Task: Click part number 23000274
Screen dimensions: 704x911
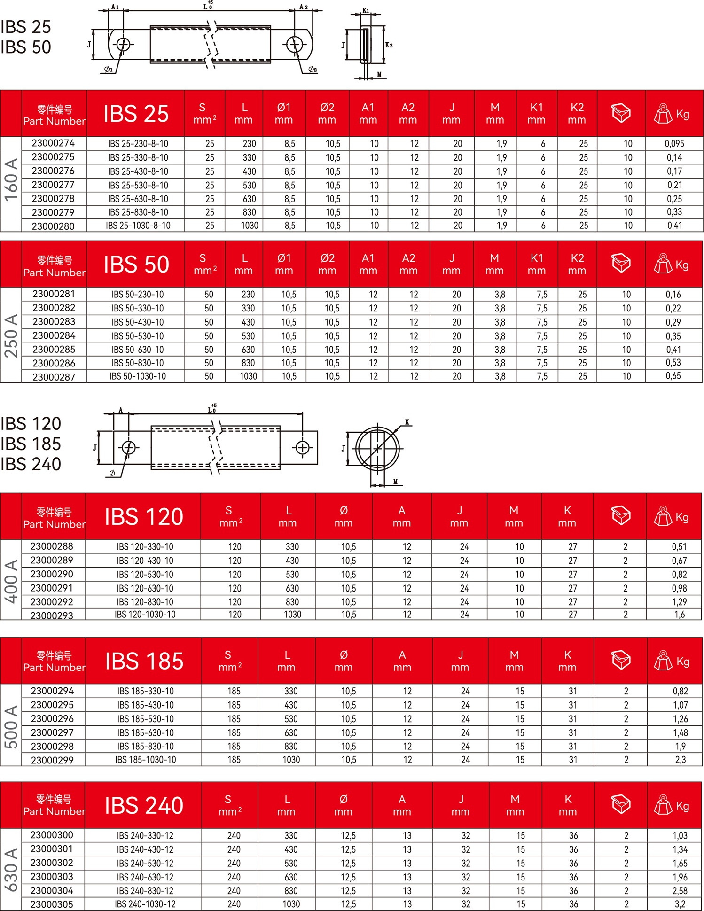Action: pyautogui.click(x=53, y=143)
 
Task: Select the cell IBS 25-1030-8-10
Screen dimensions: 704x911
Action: pyautogui.click(x=138, y=226)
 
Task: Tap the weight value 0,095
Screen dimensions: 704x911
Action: pyautogui.click(x=674, y=144)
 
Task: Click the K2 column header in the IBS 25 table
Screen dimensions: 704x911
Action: pyautogui.click(x=577, y=113)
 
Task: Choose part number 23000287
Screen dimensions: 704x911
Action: pyautogui.click(x=54, y=377)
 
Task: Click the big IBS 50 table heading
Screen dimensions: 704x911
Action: pyautogui.click(x=136, y=265)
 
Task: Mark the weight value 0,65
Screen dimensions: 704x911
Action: pyautogui.click(x=673, y=376)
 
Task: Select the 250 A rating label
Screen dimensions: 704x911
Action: pyautogui.click(x=11, y=335)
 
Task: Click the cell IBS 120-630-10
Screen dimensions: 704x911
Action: pyautogui.click(x=145, y=588)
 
